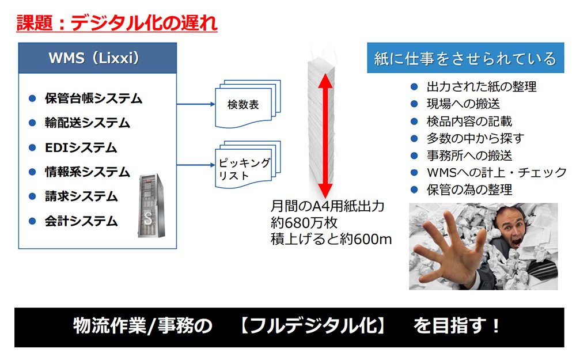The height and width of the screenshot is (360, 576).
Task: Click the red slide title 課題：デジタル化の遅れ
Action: pyautogui.click(x=117, y=23)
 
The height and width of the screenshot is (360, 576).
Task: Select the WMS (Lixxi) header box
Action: pyautogui.click(x=97, y=58)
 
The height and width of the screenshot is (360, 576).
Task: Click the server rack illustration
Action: pyautogui.click(x=151, y=206)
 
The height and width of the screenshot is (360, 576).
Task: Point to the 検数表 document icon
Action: pyautogui.click(x=248, y=104)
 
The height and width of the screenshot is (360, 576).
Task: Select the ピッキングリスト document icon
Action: pyautogui.click(x=248, y=165)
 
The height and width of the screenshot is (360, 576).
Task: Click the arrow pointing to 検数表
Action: pyautogui.click(x=196, y=104)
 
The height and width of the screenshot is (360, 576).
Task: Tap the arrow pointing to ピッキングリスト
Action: pyautogui.click(x=196, y=165)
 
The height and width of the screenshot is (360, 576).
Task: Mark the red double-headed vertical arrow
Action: pyautogui.click(x=325, y=136)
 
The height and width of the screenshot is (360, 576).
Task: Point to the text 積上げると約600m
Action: pyautogui.click(x=331, y=239)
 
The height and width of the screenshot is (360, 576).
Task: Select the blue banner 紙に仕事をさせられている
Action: pyautogui.click(x=465, y=58)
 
